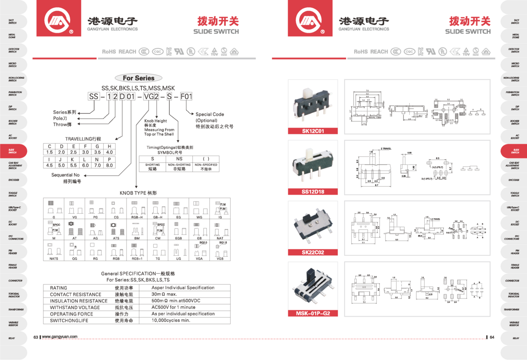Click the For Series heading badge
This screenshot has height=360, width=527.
pyautogui.click(x=138, y=78)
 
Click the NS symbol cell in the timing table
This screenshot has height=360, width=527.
pyautogui.click(x=179, y=158)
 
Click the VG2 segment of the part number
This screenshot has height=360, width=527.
pyautogui.click(x=150, y=97)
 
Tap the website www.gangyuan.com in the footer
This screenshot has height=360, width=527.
pyautogui.click(x=60, y=337)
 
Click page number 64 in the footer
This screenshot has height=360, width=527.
pyautogui.click(x=492, y=337)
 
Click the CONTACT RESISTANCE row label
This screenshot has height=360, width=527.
pyautogui.click(x=75, y=295)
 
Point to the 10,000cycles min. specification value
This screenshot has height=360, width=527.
pyautogui.click(x=170, y=320)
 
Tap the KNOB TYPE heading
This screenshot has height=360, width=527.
pyautogui.click(x=138, y=193)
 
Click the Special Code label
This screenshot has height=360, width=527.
pyautogui.click(x=209, y=114)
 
